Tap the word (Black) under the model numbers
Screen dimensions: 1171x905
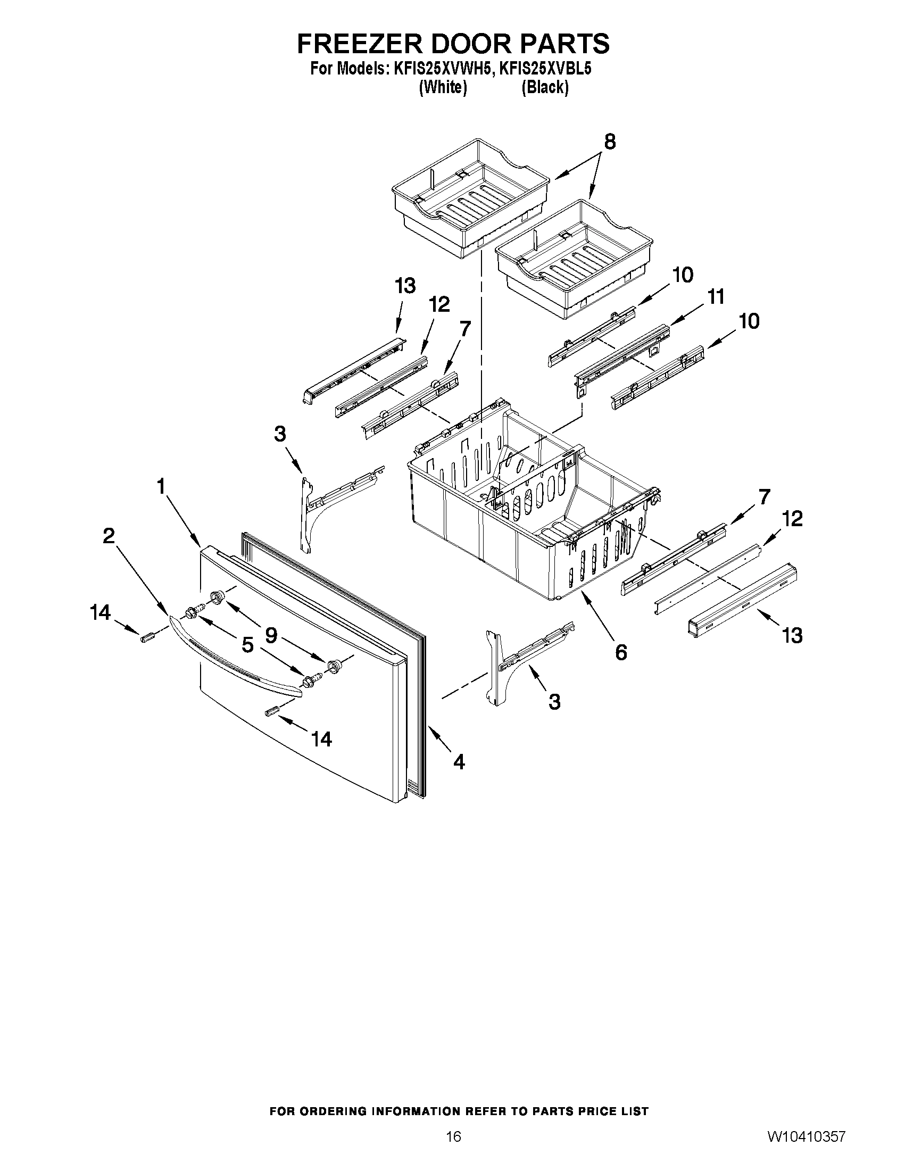click(x=545, y=87)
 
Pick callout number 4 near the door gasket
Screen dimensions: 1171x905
click(x=459, y=761)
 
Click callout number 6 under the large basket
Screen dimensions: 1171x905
click(x=621, y=652)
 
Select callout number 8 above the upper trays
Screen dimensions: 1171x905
click(x=610, y=142)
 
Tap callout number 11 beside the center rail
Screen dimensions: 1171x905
click(x=716, y=296)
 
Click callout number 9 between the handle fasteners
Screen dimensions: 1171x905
click(x=271, y=635)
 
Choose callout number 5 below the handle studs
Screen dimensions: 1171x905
click(x=247, y=645)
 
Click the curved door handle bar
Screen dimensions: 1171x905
click(x=236, y=658)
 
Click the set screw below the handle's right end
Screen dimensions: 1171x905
click(x=273, y=711)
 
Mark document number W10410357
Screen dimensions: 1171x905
click(x=807, y=1147)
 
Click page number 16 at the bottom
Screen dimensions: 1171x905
click(x=454, y=1147)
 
